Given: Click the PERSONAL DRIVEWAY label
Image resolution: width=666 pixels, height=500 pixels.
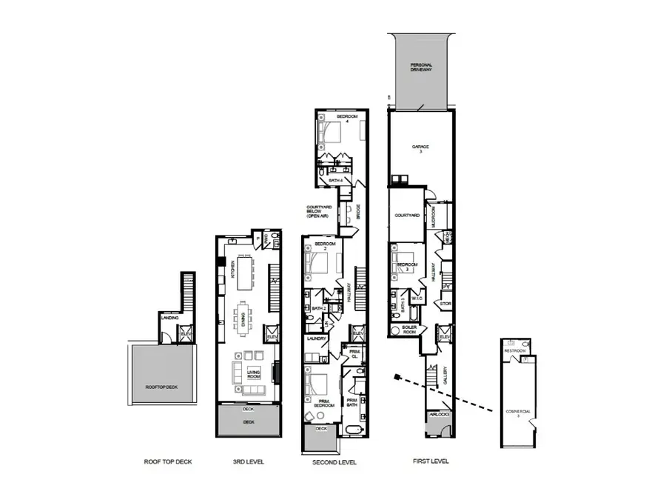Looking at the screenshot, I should pos(421,68).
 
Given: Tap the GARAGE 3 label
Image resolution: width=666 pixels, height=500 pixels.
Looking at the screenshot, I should pos(421,149).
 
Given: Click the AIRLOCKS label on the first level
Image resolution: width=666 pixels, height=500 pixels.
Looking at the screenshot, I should pos(439,415).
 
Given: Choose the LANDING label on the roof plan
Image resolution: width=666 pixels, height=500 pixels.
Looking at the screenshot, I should pos(169,319).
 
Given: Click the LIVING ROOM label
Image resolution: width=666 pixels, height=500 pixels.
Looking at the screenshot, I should pos(254,374).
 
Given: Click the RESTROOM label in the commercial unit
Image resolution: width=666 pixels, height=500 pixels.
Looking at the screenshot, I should pos(515,350).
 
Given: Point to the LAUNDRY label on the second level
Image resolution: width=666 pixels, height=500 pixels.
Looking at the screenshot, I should pos(317,339).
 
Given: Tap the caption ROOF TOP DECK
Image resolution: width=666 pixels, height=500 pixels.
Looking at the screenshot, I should pos(168,462).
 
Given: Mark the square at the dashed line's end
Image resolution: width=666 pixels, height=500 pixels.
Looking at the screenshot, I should pos(398,377).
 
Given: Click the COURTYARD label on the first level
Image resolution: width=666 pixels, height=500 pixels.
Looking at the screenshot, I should pos(407,216).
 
